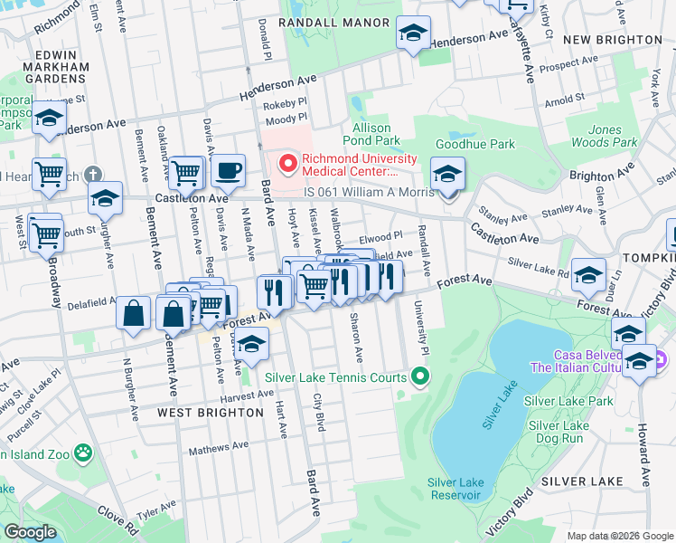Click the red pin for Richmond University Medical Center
(x=288, y=164)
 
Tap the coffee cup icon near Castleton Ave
(x=228, y=170)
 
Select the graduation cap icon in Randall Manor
(x=412, y=35)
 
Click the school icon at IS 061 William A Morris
(x=446, y=173)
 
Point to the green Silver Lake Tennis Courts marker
(x=418, y=376)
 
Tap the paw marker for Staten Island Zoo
(x=83, y=451)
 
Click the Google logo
(x=30, y=531)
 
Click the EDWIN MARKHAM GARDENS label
(x=62, y=66)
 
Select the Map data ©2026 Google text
(x=620, y=536)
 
